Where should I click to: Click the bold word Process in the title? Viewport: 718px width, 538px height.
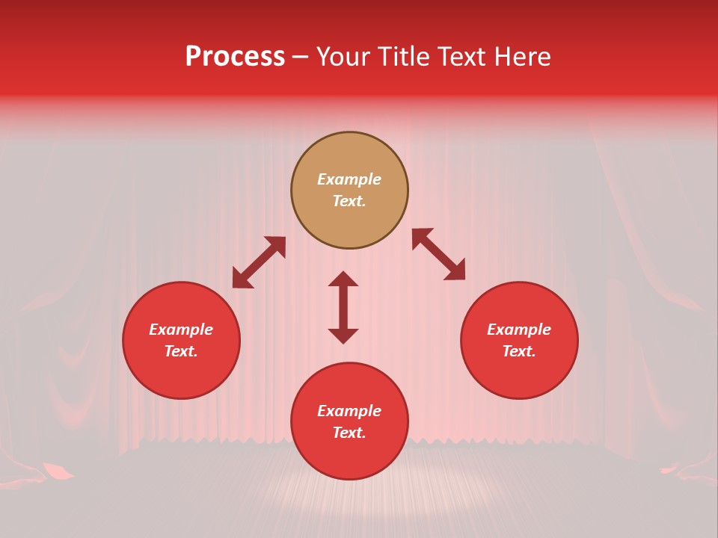(x=235, y=57)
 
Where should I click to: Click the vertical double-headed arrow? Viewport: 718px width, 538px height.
(x=343, y=307)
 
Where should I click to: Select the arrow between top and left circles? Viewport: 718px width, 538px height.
(x=259, y=262)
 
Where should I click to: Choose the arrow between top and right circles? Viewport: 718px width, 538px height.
(x=438, y=254)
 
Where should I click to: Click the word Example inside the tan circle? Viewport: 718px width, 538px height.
(x=349, y=179)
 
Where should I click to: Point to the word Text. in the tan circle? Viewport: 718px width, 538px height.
(x=349, y=201)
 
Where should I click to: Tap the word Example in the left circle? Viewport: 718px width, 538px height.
(x=181, y=330)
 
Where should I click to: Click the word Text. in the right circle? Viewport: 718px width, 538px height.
(x=519, y=351)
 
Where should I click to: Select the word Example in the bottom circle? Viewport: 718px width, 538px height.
(x=349, y=411)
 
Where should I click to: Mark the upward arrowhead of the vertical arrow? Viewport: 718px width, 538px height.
(x=343, y=279)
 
